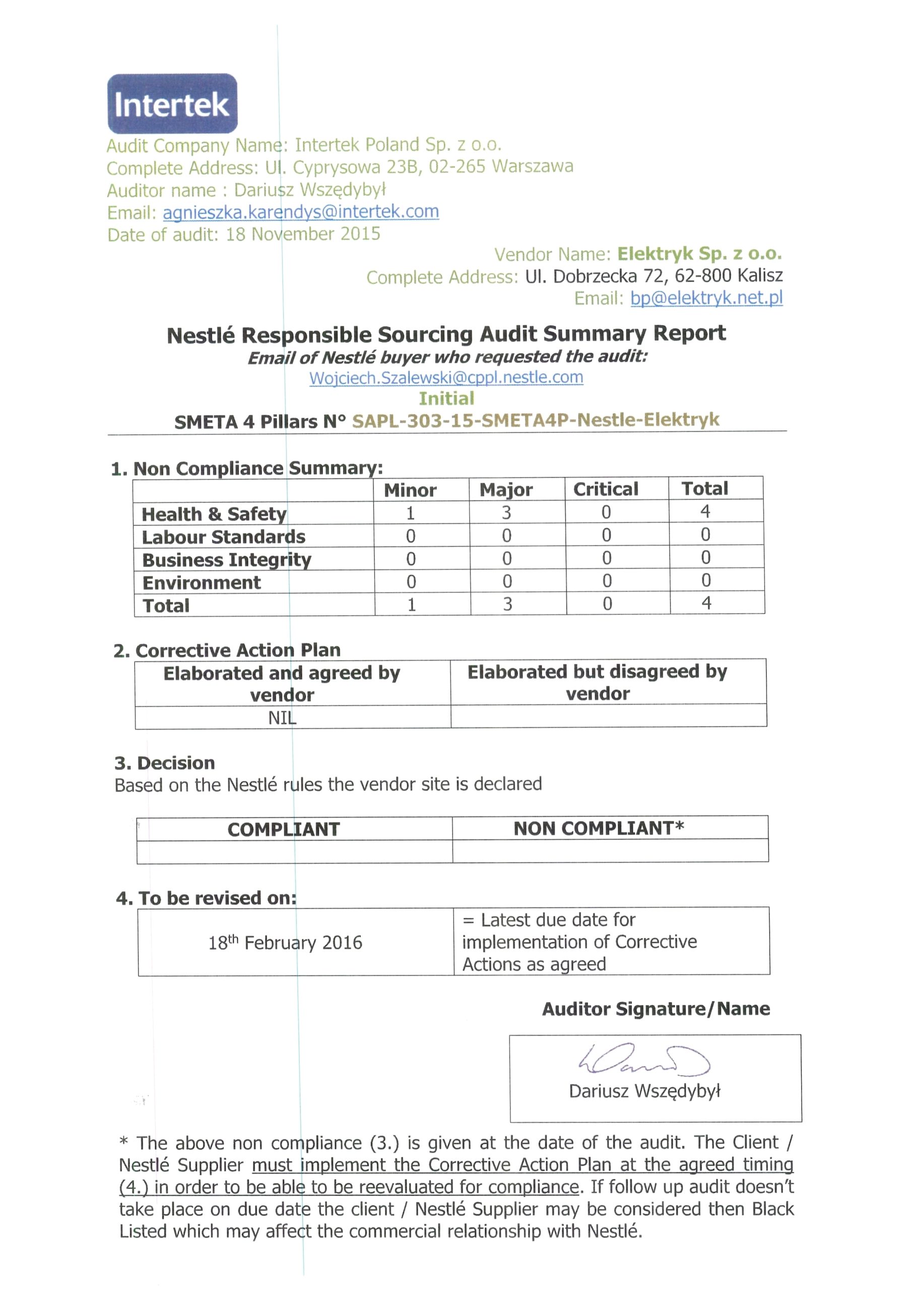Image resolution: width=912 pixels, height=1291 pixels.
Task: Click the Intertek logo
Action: [172, 103]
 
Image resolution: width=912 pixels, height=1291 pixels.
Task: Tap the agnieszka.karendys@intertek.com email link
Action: [301, 212]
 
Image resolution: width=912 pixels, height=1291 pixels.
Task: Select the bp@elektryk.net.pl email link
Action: [706, 298]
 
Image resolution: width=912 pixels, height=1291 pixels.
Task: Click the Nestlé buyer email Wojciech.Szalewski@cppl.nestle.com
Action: [446, 377]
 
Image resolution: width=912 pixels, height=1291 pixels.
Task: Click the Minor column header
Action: [410, 490]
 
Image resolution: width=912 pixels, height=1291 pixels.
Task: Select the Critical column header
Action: [606, 489]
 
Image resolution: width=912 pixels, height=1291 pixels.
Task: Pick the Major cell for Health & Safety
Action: [506, 512]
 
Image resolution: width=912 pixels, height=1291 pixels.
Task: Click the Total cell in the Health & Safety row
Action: [705, 511]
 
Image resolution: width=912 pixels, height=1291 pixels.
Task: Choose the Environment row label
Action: [202, 582]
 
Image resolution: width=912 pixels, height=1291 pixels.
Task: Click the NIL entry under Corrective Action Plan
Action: [282, 718]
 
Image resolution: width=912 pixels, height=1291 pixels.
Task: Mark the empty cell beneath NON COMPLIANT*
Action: [610, 851]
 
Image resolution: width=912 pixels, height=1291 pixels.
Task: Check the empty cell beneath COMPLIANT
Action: [294, 852]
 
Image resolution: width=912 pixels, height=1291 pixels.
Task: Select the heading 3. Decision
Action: [165, 763]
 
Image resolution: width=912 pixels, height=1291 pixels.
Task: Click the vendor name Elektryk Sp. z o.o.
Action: [699, 254]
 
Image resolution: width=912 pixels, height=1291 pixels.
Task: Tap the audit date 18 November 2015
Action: [303, 234]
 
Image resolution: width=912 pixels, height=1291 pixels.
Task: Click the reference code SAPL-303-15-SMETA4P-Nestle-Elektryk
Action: [535, 420]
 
